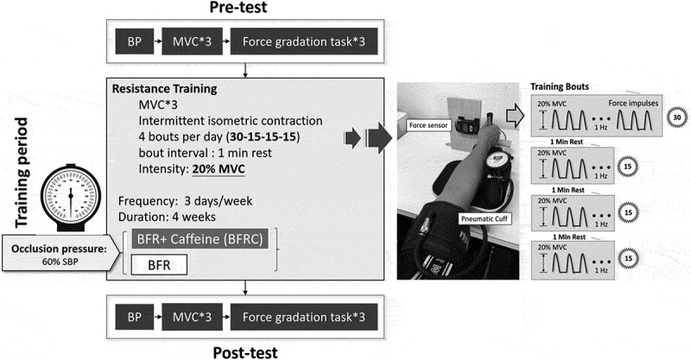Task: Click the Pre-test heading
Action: (x=244, y=9)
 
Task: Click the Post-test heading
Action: (x=244, y=350)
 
